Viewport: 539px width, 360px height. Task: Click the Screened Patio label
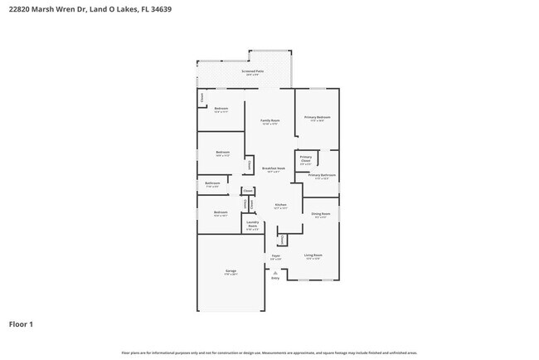tap(253, 72)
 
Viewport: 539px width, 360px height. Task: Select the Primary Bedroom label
tap(318, 118)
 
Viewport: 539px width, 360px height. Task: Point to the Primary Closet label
tap(306, 158)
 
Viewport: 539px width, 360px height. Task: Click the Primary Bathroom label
tap(322, 176)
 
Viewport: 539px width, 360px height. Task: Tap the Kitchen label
tap(280, 206)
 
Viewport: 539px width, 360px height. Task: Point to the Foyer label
tap(275, 256)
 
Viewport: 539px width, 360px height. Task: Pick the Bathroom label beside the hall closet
tap(212, 184)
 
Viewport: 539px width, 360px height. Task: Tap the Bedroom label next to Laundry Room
tap(221, 213)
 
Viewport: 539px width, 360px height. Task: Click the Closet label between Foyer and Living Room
tap(282, 240)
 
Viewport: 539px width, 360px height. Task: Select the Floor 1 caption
tap(21, 324)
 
